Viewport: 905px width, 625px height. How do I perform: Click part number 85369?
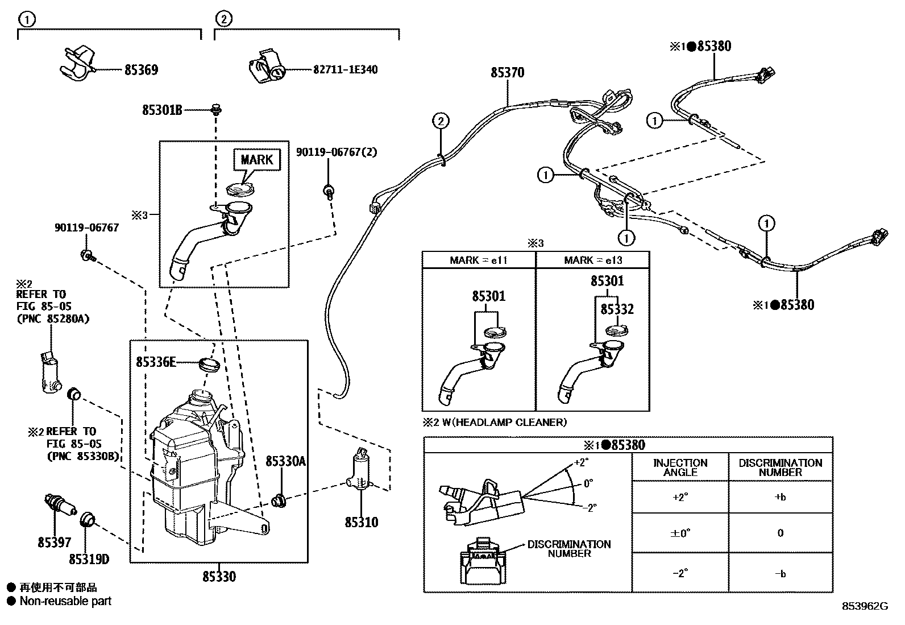coord(141,70)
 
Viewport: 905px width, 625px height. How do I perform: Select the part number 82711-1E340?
coord(345,70)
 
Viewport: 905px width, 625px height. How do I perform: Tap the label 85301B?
coord(162,110)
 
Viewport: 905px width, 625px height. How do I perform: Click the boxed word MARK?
coord(257,160)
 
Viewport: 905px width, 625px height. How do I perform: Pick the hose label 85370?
coord(508,73)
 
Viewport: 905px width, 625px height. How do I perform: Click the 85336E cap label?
coord(156,361)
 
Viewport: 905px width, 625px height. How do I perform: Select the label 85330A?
coord(285,461)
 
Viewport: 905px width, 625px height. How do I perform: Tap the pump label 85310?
coord(361,522)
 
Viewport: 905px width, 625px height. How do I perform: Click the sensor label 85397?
coord(55,543)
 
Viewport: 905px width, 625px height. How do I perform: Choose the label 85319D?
coord(89,560)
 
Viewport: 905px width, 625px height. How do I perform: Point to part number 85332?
coord(617,309)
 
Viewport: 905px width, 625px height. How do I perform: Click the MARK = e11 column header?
coord(478,260)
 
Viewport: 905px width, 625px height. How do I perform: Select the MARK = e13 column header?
coord(593,260)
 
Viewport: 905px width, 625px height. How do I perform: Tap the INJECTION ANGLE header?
coord(680,467)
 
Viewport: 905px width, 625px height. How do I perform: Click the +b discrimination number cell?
coord(780,497)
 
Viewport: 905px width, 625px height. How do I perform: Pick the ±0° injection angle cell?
coord(680,533)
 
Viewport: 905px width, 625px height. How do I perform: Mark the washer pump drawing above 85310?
coord(359,471)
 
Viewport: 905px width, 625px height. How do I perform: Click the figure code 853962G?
coord(865,606)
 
